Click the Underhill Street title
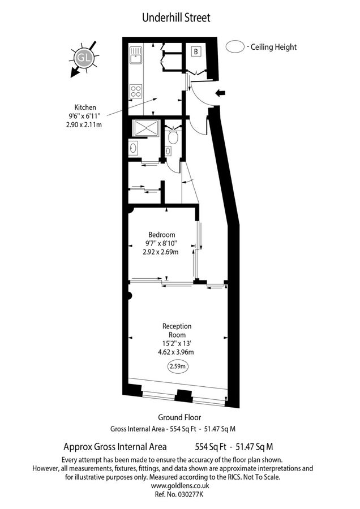(176, 18)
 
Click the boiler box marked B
(196, 52)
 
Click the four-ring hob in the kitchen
(136, 90)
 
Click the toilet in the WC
(173, 137)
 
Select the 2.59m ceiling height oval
(178, 366)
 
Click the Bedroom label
(161, 235)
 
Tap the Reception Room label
(177, 330)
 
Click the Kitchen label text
(85, 107)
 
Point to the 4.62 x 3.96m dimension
(177, 351)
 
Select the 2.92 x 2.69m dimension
(161, 252)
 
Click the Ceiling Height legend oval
(234, 47)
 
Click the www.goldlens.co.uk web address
(180, 485)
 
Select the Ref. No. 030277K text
(180, 494)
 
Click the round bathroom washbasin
(132, 148)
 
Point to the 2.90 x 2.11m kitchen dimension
(84, 124)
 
